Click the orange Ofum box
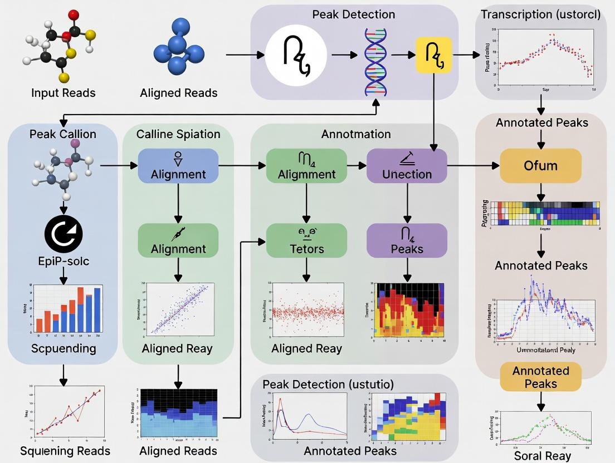[x=540, y=166]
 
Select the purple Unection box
[x=407, y=166]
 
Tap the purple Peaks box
[x=407, y=240]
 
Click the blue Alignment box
[x=178, y=166]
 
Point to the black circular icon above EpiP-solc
[x=63, y=233]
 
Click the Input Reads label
[x=63, y=92]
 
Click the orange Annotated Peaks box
[x=540, y=377]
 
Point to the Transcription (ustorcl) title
[x=540, y=14]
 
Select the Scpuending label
[x=63, y=349]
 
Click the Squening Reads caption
[x=65, y=451]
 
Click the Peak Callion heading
[x=63, y=134]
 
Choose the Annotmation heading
[x=355, y=134]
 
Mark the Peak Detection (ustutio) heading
[x=328, y=384]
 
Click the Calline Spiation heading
[x=178, y=134]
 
